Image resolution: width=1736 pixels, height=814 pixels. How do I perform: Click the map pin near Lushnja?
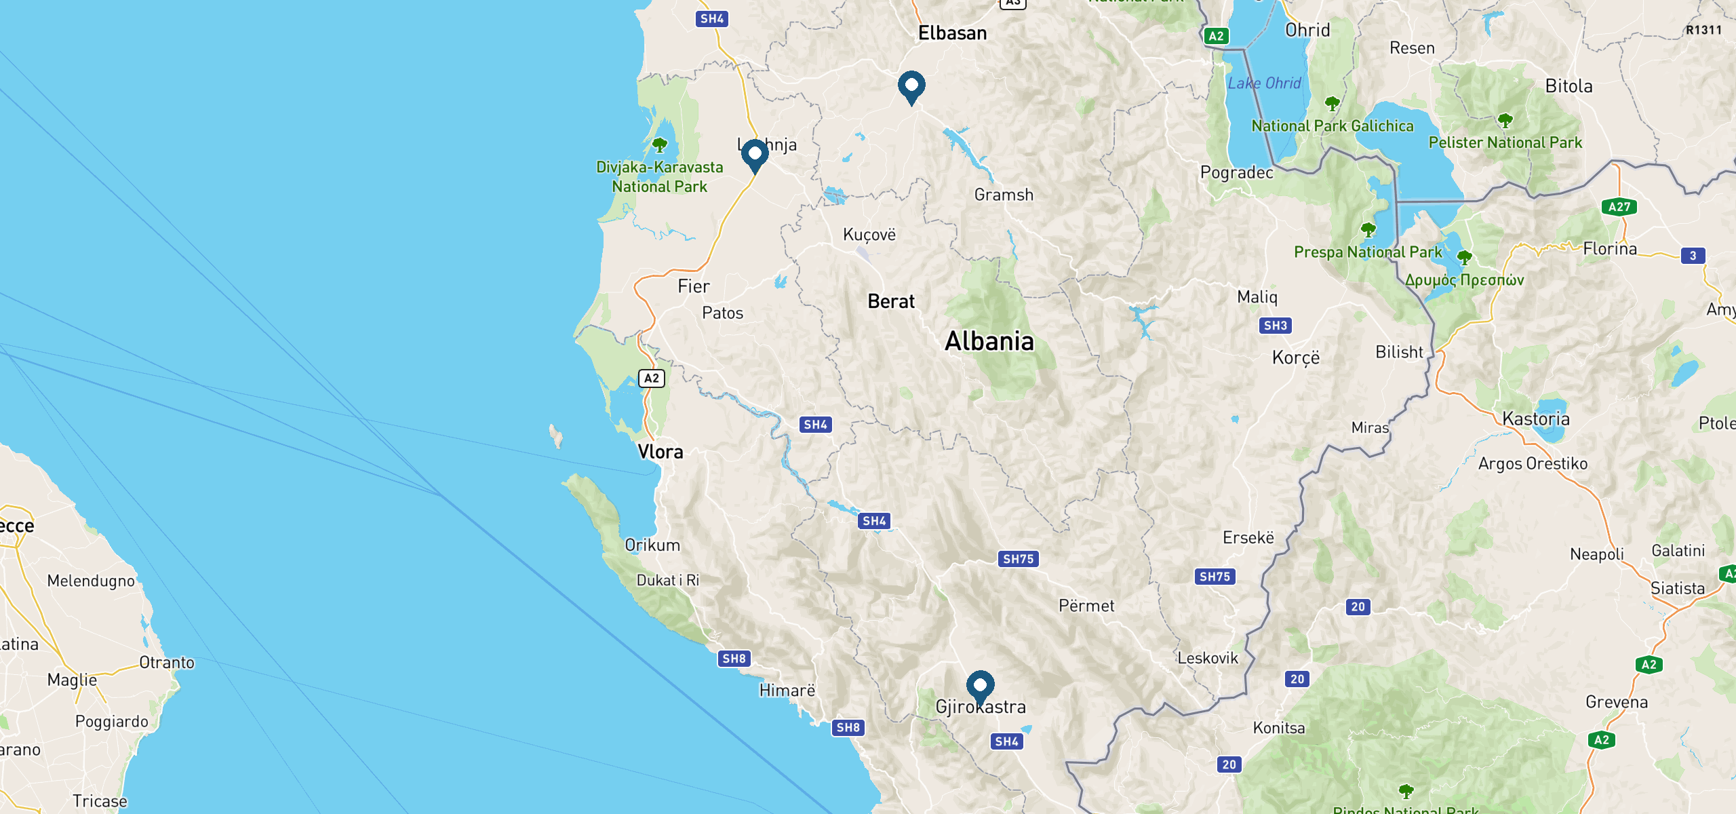coord(755,155)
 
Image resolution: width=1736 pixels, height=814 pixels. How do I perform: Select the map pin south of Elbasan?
coord(911,86)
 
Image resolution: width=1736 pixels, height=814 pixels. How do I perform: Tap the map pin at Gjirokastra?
coord(980,686)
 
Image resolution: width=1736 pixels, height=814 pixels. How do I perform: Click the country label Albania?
coord(989,341)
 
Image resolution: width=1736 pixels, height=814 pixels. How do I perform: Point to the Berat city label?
coord(891,301)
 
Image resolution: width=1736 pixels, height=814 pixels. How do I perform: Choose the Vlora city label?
coord(660,452)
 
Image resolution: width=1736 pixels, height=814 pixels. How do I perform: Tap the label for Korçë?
coord(1296,357)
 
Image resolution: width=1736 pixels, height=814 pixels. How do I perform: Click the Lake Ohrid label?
coord(1264,83)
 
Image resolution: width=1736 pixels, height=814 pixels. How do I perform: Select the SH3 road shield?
coord(1275,326)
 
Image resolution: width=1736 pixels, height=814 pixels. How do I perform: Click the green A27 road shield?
coord(1619,207)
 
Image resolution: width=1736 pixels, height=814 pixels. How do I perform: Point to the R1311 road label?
coord(1703,30)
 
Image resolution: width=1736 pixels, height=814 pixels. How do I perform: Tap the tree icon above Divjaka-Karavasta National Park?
coord(659,144)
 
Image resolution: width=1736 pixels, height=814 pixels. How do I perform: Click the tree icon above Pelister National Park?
coord(1505,121)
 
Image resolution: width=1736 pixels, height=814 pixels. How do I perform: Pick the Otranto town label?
coord(167,663)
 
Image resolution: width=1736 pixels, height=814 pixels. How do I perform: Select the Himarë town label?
coord(787,691)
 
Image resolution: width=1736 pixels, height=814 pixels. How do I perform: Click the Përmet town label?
coord(1086,606)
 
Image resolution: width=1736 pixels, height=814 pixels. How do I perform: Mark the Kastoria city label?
coord(1536,419)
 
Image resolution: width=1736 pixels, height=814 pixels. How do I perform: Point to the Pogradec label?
coord(1237,172)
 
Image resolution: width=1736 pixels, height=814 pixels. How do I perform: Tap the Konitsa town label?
coord(1279,728)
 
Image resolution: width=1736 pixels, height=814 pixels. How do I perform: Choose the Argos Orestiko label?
coord(1533,463)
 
